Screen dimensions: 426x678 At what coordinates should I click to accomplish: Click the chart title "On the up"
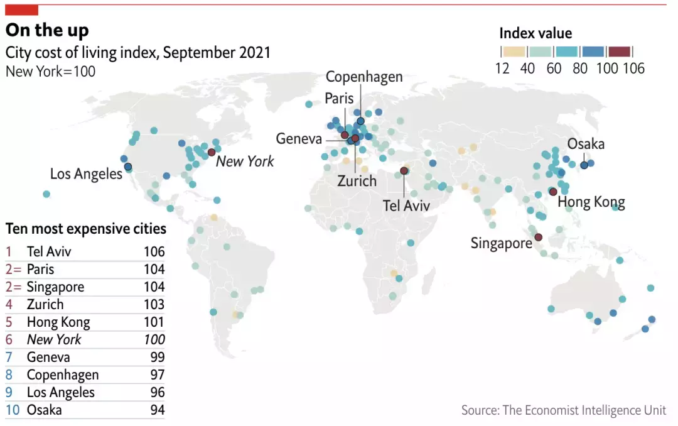47,30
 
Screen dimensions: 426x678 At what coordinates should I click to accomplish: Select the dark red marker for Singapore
538,238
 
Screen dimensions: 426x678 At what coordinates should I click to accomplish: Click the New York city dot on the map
212,152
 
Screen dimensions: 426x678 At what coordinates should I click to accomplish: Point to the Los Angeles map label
86,173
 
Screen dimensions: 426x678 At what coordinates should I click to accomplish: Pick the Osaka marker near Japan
584,165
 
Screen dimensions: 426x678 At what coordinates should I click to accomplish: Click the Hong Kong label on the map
591,202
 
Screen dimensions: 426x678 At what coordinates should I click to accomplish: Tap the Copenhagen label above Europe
364,77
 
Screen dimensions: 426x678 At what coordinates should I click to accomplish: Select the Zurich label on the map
357,181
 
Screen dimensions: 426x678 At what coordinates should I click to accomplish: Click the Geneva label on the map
299,139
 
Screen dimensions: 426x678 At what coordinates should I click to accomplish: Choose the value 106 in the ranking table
154,252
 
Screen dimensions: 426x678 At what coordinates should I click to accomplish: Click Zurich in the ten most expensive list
45,305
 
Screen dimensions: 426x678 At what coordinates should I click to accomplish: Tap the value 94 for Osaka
157,410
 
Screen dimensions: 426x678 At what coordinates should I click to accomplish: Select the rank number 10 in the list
13,410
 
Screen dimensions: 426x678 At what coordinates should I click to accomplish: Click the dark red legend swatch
619,52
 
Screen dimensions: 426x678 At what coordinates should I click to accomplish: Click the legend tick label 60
554,68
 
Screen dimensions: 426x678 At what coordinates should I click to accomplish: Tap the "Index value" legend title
535,33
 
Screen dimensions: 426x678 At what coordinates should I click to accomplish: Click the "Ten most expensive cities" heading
85,228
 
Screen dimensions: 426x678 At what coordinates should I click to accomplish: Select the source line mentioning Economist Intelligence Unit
563,410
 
